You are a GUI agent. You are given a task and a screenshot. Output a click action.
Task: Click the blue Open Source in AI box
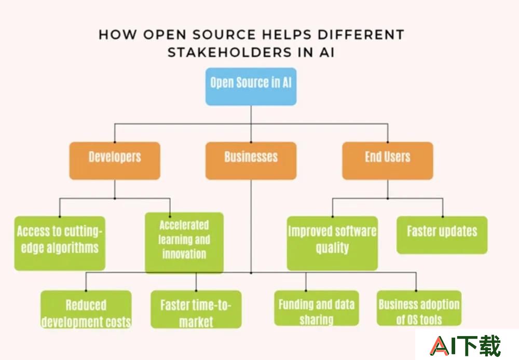pyautogui.click(x=251, y=87)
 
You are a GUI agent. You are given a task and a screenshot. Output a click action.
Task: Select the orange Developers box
pyautogui.click(x=115, y=161)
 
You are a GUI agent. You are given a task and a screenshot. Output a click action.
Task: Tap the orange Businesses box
pyautogui.click(x=251, y=161)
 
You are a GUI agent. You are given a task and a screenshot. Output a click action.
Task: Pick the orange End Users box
pyautogui.click(x=388, y=161)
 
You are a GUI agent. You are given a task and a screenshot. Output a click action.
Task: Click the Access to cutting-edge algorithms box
pyautogui.click(x=60, y=243)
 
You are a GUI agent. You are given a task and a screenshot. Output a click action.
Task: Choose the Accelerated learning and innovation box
pyautogui.click(x=184, y=243)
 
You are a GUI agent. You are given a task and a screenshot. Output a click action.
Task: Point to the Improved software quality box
pyautogui.click(x=332, y=243)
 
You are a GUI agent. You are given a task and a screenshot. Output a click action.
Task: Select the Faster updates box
pyautogui.click(x=442, y=235)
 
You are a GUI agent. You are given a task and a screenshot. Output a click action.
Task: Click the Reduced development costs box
pyautogui.click(x=86, y=309)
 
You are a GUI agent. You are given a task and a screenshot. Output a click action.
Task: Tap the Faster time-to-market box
pyautogui.click(x=196, y=309)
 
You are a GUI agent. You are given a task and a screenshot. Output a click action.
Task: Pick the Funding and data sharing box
pyautogui.click(x=317, y=308)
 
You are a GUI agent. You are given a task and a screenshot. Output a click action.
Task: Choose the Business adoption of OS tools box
pyautogui.click(x=419, y=308)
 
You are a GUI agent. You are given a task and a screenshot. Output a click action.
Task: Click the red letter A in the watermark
pyautogui.click(x=440, y=347)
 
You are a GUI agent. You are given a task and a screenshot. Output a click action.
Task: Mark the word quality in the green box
pyautogui.click(x=332, y=248)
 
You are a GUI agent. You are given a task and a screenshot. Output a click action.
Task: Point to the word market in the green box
pyautogui.click(x=196, y=322)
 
